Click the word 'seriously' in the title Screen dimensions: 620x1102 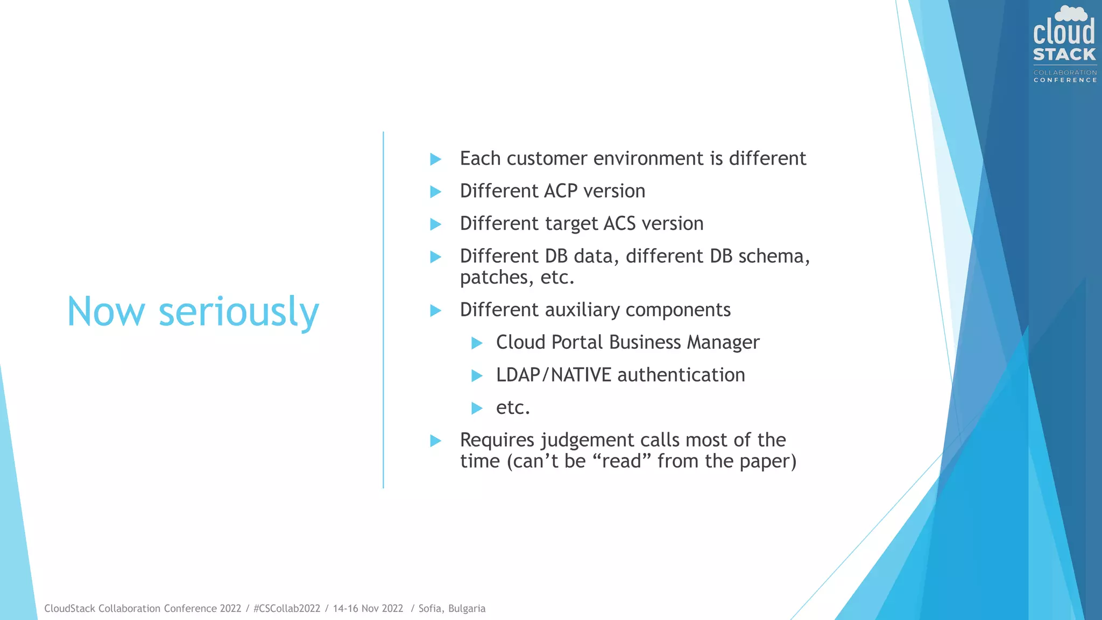(x=239, y=312)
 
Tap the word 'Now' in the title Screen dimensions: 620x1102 (x=106, y=312)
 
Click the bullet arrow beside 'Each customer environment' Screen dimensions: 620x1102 (x=436, y=159)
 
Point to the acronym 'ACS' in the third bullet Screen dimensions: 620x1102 (x=620, y=223)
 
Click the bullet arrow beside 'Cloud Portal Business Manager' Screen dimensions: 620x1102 (x=477, y=343)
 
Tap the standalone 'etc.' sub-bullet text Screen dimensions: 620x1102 (x=513, y=407)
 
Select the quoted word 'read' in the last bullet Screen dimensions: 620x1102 (x=621, y=461)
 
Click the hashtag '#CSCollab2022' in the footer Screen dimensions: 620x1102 (x=287, y=608)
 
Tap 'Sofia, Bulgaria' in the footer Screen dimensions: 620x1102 (x=452, y=608)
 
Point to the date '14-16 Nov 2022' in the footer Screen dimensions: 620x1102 (x=368, y=608)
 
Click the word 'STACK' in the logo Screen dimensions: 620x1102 (x=1064, y=54)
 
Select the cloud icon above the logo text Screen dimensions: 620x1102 (x=1071, y=13)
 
